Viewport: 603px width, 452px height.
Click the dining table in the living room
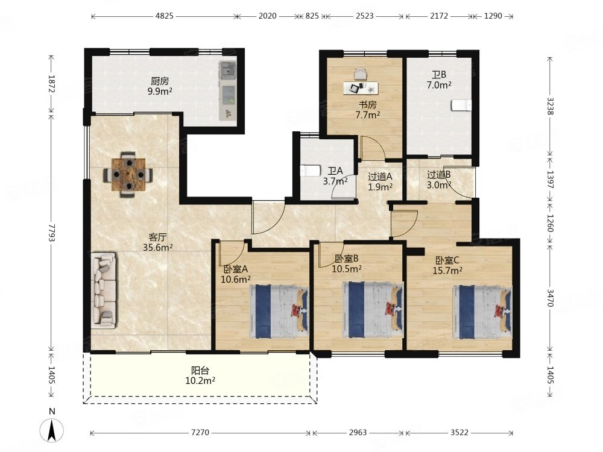(128, 175)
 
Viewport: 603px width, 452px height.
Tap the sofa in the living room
(104, 290)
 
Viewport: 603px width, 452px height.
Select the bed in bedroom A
(279, 312)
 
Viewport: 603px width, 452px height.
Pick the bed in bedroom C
(482, 312)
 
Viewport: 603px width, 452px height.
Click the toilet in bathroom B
(461, 105)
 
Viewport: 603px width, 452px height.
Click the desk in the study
(361, 88)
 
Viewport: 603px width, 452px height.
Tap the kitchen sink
(228, 71)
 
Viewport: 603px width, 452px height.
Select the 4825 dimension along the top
(164, 16)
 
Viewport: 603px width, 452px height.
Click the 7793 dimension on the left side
(51, 232)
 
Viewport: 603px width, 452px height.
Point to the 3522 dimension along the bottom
(459, 433)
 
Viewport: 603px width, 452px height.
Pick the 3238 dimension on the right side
(551, 106)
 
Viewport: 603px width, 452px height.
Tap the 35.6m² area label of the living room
(157, 248)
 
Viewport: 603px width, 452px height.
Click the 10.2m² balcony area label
(200, 381)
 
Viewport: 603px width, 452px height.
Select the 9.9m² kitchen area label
(160, 91)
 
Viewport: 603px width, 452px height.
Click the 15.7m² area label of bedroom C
(447, 271)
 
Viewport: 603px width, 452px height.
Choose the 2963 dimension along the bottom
(358, 433)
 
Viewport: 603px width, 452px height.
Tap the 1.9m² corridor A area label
(380, 187)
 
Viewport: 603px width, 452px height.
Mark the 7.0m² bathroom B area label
(439, 85)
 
